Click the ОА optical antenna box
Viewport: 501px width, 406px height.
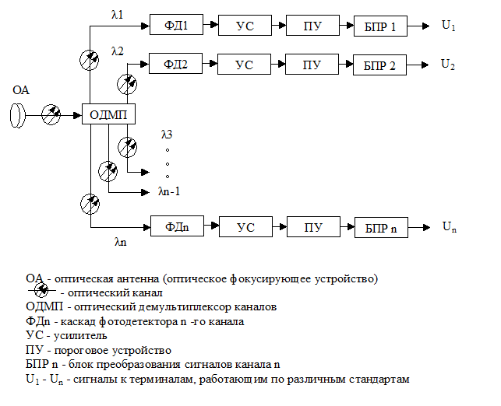pyautogui.click(x=21, y=89)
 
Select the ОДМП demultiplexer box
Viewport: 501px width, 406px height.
pyautogui.click(x=108, y=115)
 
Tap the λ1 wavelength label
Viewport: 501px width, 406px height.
pyautogui.click(x=118, y=13)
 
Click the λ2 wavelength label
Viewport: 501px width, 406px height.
pyautogui.click(x=118, y=51)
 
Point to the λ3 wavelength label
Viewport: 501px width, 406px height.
pyautogui.click(x=167, y=135)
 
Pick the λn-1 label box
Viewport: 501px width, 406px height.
pyautogui.click(x=168, y=190)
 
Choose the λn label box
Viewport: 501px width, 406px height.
pyautogui.click(x=120, y=242)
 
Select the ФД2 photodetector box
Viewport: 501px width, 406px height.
pyautogui.click(x=176, y=64)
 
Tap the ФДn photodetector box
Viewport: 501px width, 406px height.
pyautogui.click(x=177, y=226)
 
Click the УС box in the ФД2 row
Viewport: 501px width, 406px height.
pyautogui.click(x=245, y=65)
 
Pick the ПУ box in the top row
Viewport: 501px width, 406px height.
pyautogui.click(x=312, y=26)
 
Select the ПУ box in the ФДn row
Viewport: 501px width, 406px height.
pyautogui.click(x=312, y=227)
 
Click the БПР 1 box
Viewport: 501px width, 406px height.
pyautogui.click(x=380, y=27)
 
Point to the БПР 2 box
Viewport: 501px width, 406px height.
pyautogui.click(x=380, y=65)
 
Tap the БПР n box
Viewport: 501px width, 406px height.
pyautogui.click(x=380, y=228)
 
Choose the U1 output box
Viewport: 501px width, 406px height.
pyautogui.click(x=448, y=25)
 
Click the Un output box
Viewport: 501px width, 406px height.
pyautogui.click(x=449, y=226)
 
